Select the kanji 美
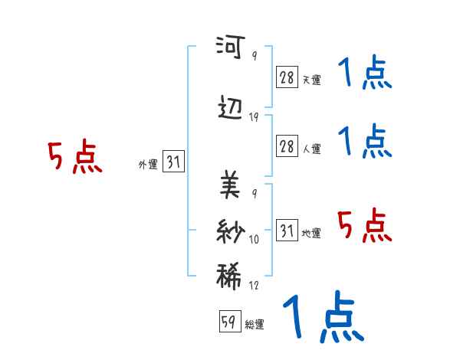pyautogui.click(x=229, y=185)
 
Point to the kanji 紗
pyautogui.click(x=229, y=231)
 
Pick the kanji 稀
pyautogui.click(x=229, y=276)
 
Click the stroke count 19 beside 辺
pyautogui.click(x=254, y=117)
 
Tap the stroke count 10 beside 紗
pyautogui.click(x=254, y=240)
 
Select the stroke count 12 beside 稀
pyautogui.click(x=254, y=286)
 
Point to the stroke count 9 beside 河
pyautogui.click(x=254, y=57)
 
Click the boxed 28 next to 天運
pyautogui.click(x=287, y=77)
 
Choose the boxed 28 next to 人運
pyautogui.click(x=287, y=146)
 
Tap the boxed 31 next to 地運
pyautogui.click(x=287, y=231)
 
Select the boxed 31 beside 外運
pyautogui.click(x=173, y=162)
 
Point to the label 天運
pyautogui.click(x=311, y=80)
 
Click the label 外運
pyautogui.click(x=147, y=164)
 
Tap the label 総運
pyautogui.click(x=255, y=325)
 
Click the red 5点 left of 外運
pyautogui.click(x=75, y=158)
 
